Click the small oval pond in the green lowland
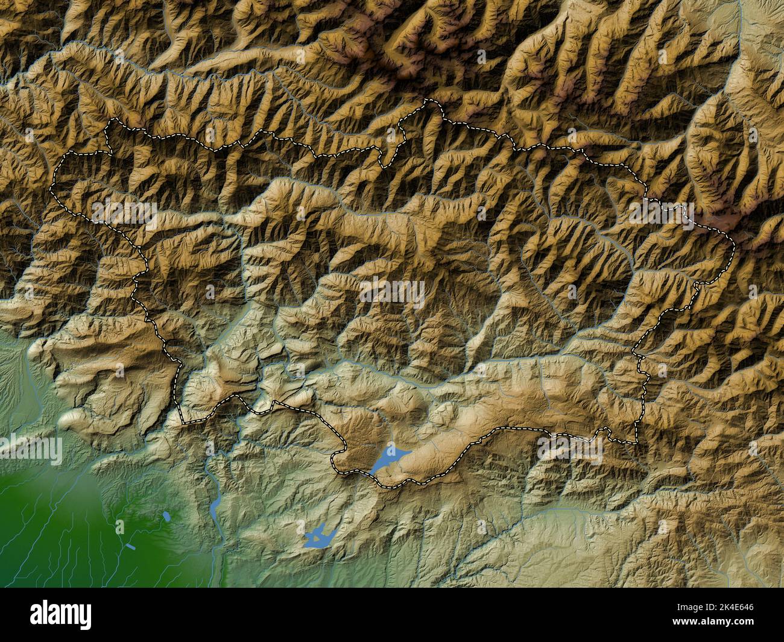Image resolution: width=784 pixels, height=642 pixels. tap(166, 517)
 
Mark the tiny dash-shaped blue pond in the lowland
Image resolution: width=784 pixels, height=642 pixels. tap(132, 547)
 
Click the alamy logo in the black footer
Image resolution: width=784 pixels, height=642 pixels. tap(62, 615)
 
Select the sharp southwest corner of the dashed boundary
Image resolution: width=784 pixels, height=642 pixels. tap(182, 420)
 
